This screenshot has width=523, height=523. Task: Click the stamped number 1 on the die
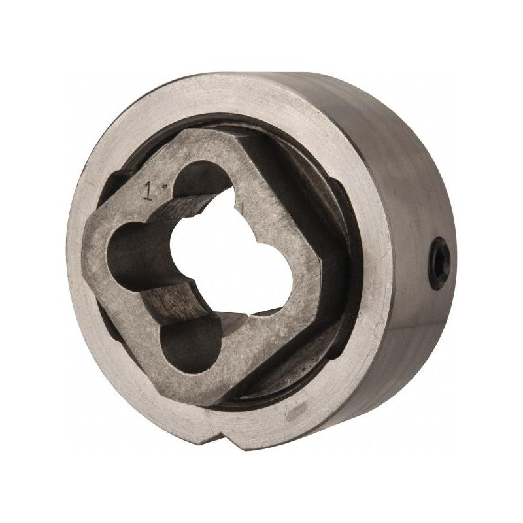pyautogui.click(x=148, y=191)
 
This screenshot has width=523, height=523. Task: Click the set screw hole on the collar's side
pyautogui.click(x=439, y=263)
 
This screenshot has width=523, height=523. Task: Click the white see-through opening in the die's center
pyautogui.click(x=230, y=254)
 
